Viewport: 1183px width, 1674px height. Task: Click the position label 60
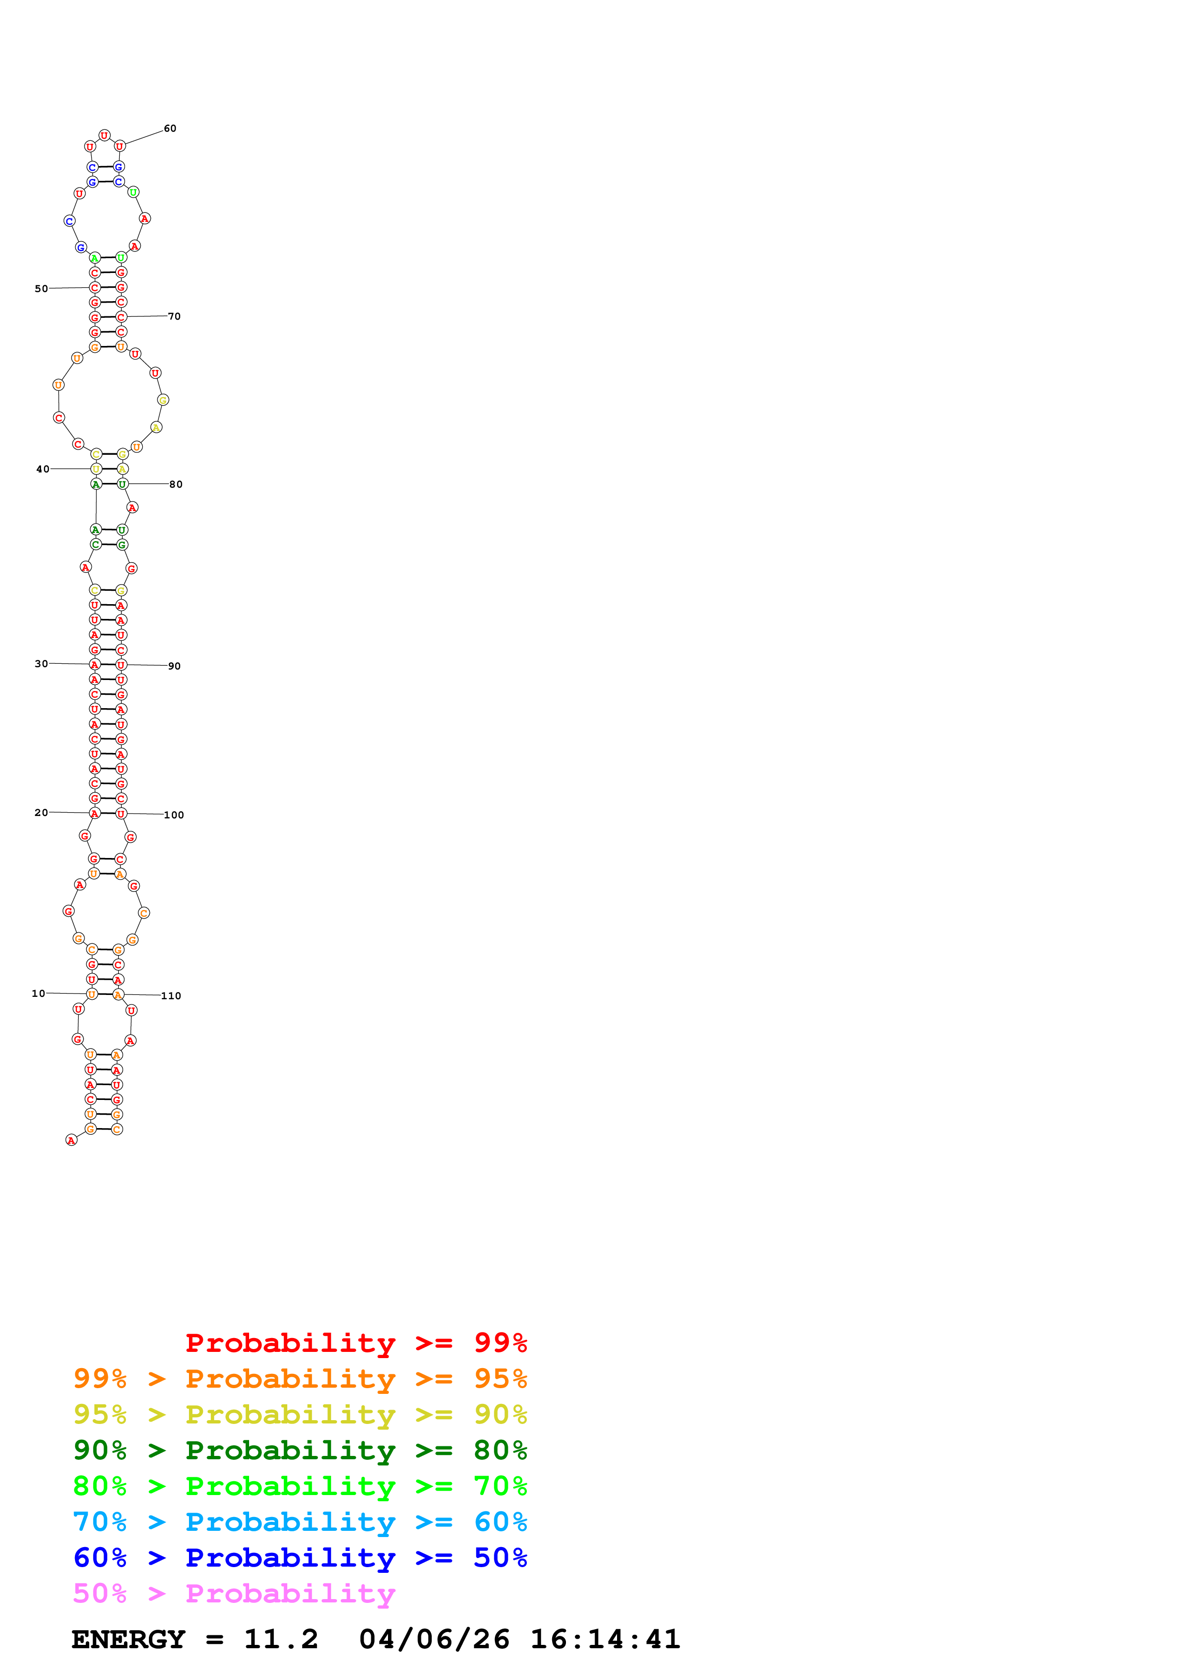point(170,128)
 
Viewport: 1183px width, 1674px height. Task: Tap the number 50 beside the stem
point(41,289)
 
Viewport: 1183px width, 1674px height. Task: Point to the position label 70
point(174,316)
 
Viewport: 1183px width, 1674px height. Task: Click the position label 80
point(176,484)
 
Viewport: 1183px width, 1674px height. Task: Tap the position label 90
point(174,666)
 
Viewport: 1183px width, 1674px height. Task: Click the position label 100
point(174,815)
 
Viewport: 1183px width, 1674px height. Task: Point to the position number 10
point(38,993)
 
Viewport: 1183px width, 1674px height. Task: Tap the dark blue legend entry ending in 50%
point(300,1558)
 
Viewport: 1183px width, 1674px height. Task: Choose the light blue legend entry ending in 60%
point(300,1522)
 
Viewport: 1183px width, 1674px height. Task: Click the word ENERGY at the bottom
point(128,1639)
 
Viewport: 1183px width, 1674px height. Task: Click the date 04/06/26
point(434,1639)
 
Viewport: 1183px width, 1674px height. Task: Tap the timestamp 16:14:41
point(605,1639)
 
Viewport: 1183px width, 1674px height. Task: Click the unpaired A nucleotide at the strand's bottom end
point(71,1140)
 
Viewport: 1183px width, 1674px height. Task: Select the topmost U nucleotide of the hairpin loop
point(104,135)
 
